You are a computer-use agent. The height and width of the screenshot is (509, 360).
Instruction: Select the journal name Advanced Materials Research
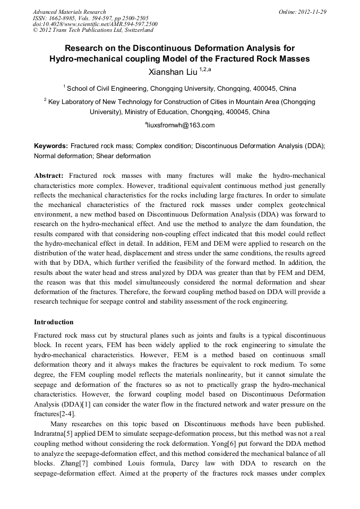69,11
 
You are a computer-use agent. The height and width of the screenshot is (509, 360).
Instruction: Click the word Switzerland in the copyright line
134,30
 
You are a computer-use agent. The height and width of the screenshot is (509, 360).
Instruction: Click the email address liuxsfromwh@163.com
181,125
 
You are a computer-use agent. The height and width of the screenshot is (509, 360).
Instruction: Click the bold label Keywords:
51,145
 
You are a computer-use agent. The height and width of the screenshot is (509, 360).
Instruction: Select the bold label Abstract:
49,175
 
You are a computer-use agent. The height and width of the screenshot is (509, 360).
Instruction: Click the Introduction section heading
54,322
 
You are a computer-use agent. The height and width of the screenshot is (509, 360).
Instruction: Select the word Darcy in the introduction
200,461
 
